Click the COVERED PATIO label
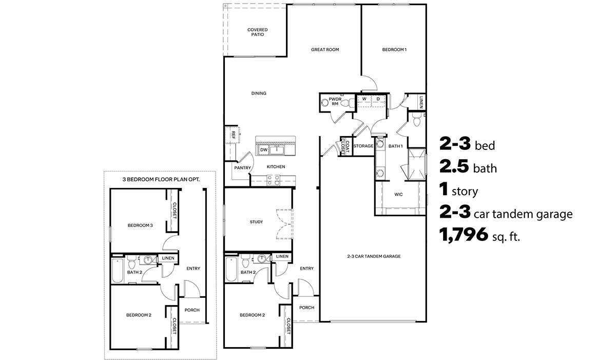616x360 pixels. point(257,32)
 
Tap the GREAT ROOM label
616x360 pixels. point(325,50)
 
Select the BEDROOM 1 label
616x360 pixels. point(394,50)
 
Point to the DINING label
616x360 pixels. point(259,93)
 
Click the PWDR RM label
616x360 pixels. point(335,101)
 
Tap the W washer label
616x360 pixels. point(364,99)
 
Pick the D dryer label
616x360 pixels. point(378,99)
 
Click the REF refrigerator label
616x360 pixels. point(233,136)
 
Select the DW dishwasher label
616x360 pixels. point(263,150)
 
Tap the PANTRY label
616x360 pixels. point(242,167)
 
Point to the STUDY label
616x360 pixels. point(256,222)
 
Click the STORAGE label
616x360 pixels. point(363,146)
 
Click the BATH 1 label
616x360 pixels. point(395,146)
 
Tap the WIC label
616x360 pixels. point(398,195)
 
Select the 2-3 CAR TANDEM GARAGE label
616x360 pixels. point(374,256)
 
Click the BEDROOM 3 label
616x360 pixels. point(140,225)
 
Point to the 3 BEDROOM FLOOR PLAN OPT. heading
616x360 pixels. point(161,180)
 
